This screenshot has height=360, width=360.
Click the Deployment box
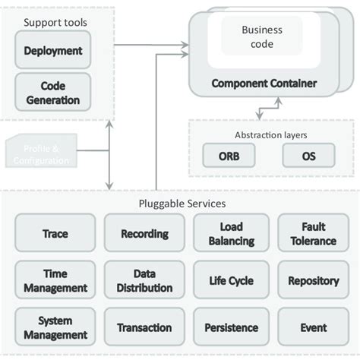point(52,51)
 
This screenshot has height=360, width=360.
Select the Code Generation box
point(52,93)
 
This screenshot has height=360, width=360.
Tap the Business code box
point(261,36)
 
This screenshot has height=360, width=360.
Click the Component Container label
point(264,84)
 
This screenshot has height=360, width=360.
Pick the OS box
point(308,156)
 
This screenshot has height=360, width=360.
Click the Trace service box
point(55,233)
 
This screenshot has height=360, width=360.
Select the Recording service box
point(144,233)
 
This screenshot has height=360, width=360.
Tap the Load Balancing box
point(231,233)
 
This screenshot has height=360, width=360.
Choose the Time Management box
point(55,280)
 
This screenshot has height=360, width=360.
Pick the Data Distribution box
point(144,280)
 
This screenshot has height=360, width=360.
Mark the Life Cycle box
point(231,280)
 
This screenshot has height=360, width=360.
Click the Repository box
point(313,280)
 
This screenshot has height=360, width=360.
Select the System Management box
point(55,327)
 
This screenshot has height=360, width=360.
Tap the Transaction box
point(144,327)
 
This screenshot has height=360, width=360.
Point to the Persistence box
point(231,327)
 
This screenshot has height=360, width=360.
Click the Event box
point(313,327)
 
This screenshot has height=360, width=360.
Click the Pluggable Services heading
point(182,204)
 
